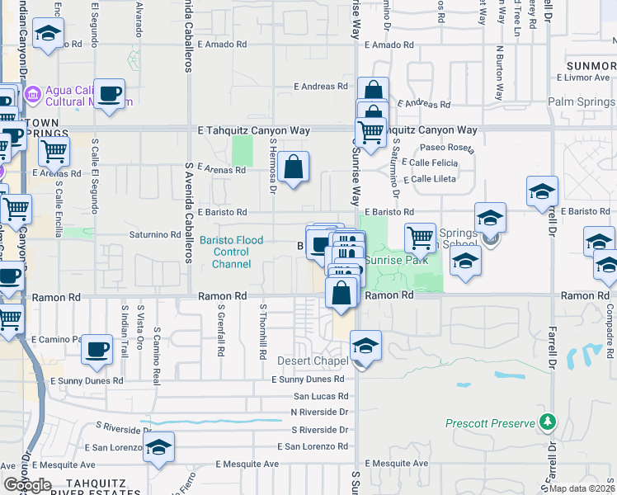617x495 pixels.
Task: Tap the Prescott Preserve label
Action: point(490,423)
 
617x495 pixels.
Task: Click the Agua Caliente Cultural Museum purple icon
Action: point(33,94)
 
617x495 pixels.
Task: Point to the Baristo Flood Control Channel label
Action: point(232,252)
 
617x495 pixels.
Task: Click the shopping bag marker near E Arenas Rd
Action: point(294,168)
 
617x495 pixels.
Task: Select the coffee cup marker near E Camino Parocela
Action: point(97,350)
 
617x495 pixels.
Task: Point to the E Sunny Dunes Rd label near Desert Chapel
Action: point(308,379)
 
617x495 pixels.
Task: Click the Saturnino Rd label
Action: point(154,234)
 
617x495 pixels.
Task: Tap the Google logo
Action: point(27,485)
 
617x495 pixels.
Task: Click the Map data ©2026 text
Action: point(581,488)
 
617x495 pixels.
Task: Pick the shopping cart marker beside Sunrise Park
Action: point(421,238)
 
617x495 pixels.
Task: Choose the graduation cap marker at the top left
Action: point(48,35)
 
